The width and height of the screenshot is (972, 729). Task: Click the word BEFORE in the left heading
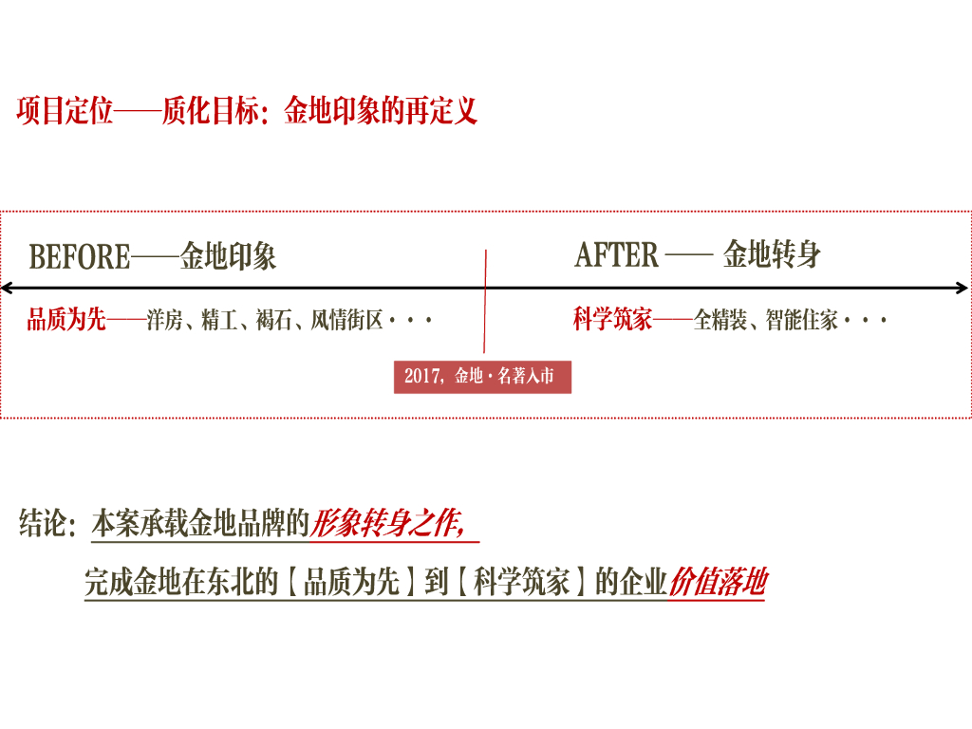pos(80,257)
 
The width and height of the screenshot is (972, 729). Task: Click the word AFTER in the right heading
pos(616,255)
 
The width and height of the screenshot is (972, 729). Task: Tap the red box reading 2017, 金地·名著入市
pos(482,376)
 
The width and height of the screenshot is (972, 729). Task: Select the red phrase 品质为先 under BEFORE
pos(66,320)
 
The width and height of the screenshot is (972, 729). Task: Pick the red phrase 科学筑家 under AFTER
pos(613,320)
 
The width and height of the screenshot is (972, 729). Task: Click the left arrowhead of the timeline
pos(6,289)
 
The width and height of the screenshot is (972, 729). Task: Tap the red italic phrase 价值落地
pos(718,582)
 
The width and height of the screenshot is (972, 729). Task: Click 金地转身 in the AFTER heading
pos(772,254)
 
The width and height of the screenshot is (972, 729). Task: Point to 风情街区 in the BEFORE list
pos(347,321)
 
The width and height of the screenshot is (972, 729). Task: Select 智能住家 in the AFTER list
pos(802,321)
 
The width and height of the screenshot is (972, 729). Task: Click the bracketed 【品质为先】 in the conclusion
pos(351,582)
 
